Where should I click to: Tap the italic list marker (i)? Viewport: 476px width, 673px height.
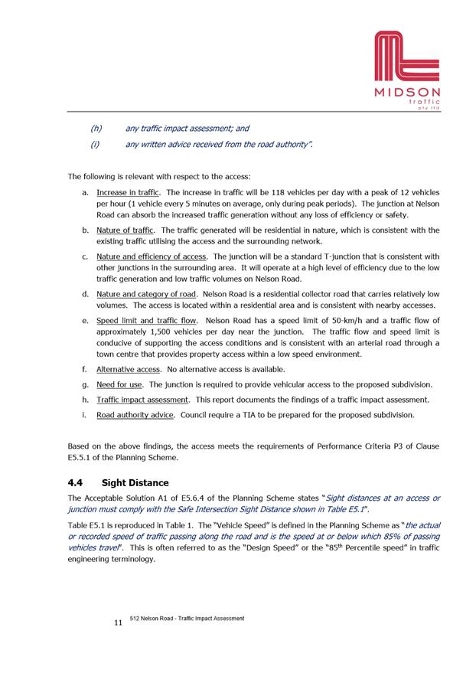click(95, 143)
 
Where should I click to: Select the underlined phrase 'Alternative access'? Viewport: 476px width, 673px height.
click(128, 369)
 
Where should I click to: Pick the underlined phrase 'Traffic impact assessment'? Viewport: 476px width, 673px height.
click(142, 400)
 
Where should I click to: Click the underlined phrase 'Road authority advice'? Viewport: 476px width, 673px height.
click(135, 415)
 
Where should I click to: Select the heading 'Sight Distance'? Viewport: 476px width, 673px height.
click(135, 483)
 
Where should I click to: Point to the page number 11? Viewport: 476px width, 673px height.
click(118, 623)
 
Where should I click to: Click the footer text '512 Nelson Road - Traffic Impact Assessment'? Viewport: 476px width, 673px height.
click(187, 618)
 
